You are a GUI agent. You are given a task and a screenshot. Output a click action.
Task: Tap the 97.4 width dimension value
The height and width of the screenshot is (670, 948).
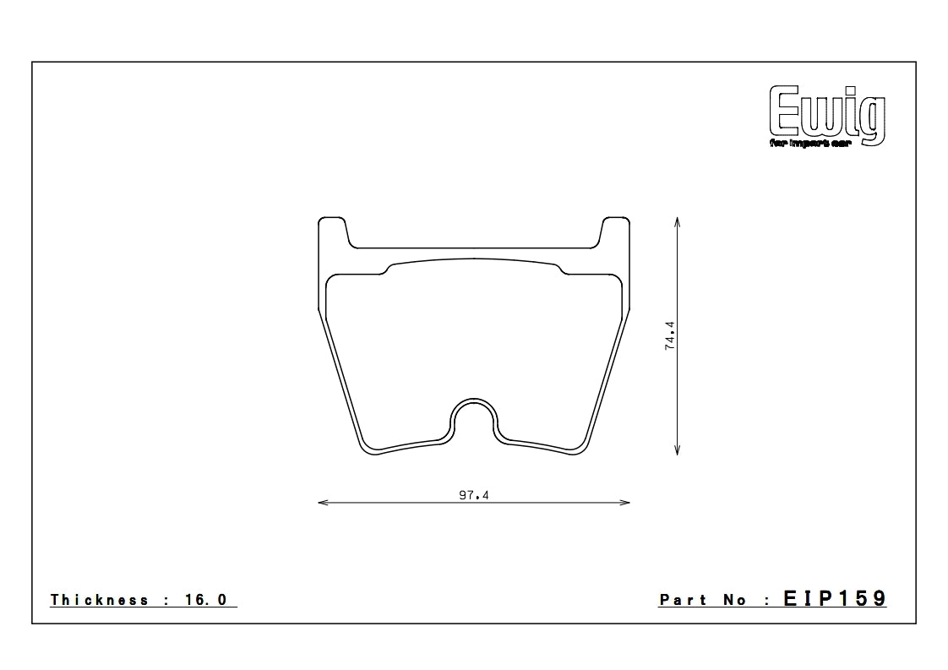tap(474, 496)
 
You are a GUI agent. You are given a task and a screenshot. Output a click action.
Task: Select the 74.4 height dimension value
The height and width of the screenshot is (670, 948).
tap(670, 335)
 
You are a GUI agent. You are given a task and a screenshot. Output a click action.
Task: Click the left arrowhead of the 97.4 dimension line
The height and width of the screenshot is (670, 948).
tap(322, 503)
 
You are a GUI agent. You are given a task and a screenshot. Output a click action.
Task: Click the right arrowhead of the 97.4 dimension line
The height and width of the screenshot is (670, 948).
tap(626, 503)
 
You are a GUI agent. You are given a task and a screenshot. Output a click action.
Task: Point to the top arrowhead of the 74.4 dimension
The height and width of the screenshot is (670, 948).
tap(678, 221)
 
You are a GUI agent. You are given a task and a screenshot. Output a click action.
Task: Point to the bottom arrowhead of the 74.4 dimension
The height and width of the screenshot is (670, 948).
tap(678, 451)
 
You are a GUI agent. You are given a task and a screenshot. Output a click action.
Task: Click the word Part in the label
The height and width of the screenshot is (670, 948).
tap(684, 600)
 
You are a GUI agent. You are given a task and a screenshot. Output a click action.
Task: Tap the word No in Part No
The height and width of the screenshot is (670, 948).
tap(734, 600)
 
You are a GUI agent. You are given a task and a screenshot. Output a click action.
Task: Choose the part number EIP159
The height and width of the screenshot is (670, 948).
tap(834, 599)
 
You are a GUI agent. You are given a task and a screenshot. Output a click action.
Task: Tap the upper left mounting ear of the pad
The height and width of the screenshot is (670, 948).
tap(332, 232)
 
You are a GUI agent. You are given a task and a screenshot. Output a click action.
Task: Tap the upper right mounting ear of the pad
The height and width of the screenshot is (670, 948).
tap(616, 232)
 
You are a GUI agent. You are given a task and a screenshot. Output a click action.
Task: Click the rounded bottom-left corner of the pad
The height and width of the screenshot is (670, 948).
tap(368, 448)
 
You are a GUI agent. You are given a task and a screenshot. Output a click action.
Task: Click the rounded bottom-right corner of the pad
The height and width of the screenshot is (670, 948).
tap(580, 448)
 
